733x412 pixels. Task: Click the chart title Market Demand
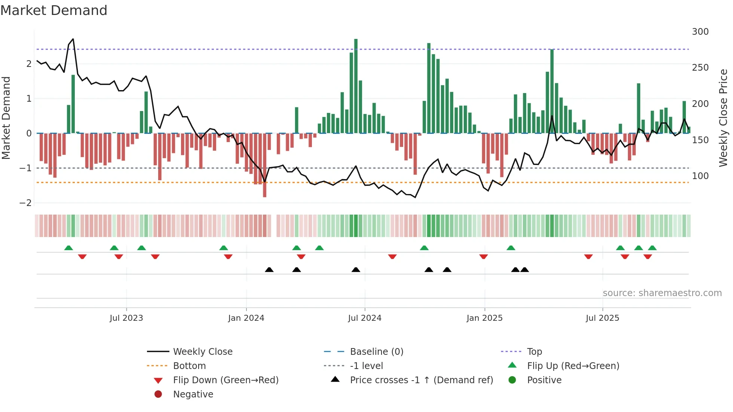(x=54, y=10)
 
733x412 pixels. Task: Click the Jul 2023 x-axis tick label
(x=126, y=318)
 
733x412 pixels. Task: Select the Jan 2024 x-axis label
(x=246, y=318)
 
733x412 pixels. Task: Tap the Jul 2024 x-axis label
(x=365, y=318)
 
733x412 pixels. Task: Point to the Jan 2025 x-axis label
(x=485, y=318)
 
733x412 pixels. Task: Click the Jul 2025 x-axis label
(x=602, y=318)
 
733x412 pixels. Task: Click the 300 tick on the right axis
(x=700, y=32)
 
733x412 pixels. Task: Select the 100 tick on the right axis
(x=700, y=176)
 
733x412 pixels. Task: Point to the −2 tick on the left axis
(x=26, y=203)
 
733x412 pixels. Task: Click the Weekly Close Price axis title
(x=723, y=118)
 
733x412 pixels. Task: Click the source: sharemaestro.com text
(x=662, y=293)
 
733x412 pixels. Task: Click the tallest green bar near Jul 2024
(x=356, y=86)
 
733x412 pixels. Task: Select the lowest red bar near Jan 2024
(x=265, y=165)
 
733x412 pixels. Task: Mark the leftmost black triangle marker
(x=269, y=270)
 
